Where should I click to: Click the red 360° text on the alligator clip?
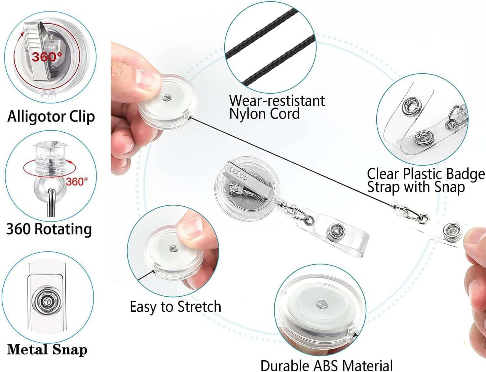(x=47, y=57)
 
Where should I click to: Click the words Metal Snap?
(x=47, y=349)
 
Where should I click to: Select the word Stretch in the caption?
(x=199, y=307)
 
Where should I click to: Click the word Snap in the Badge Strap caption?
(x=449, y=187)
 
